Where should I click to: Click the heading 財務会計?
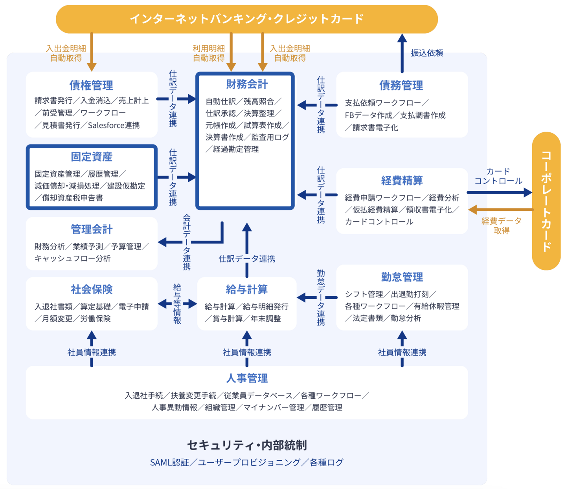[x=246, y=84]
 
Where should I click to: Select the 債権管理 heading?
[x=91, y=85]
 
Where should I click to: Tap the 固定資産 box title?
[x=92, y=157]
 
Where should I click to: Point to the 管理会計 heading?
[x=92, y=229]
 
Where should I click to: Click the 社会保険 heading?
[x=92, y=289]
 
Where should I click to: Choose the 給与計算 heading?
[x=246, y=289]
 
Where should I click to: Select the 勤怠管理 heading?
[x=402, y=277]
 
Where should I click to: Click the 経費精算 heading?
[x=402, y=180]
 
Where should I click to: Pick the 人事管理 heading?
[x=246, y=378]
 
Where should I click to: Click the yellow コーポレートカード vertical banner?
[x=546, y=201]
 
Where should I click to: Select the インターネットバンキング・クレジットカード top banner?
[x=246, y=19]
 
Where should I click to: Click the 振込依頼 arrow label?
[x=426, y=53]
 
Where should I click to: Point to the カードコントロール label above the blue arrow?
[x=498, y=176]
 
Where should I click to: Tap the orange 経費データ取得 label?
[x=501, y=226]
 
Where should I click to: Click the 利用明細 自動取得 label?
[x=208, y=53]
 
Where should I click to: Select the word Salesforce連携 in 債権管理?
[x=114, y=125]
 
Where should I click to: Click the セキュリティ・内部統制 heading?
[x=246, y=445]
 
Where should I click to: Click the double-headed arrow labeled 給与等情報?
[x=177, y=304]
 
